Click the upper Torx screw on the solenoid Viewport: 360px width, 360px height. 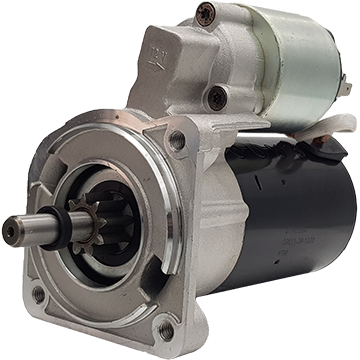[205, 14]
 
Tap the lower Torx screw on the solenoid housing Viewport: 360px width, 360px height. [216, 98]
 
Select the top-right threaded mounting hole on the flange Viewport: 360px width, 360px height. [177, 140]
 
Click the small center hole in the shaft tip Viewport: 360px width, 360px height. [10, 231]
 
